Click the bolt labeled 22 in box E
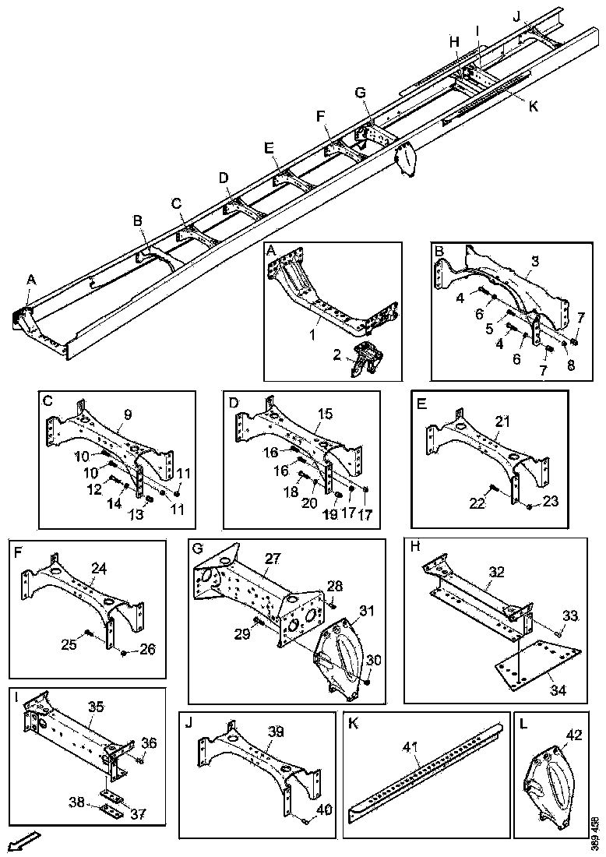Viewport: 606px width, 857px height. point(492,489)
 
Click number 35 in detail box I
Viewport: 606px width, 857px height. point(95,707)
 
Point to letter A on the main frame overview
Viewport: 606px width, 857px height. point(31,279)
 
